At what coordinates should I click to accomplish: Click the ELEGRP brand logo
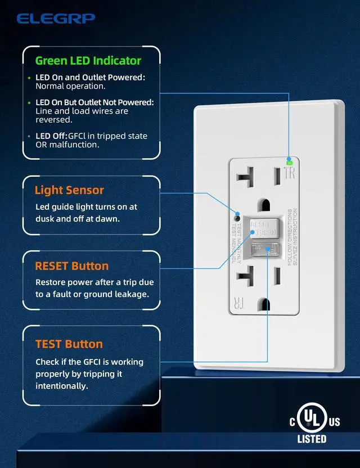56,19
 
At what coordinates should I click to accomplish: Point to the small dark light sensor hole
237,217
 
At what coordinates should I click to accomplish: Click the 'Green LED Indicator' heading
88,60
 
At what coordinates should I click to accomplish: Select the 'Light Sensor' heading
69,190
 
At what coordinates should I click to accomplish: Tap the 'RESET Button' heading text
71,265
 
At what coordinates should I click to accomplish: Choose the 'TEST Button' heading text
69,344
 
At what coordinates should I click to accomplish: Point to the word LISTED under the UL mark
312,439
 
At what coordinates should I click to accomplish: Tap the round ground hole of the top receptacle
262,204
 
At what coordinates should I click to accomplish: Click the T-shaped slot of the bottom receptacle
246,276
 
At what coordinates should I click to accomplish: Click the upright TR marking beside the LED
290,173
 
